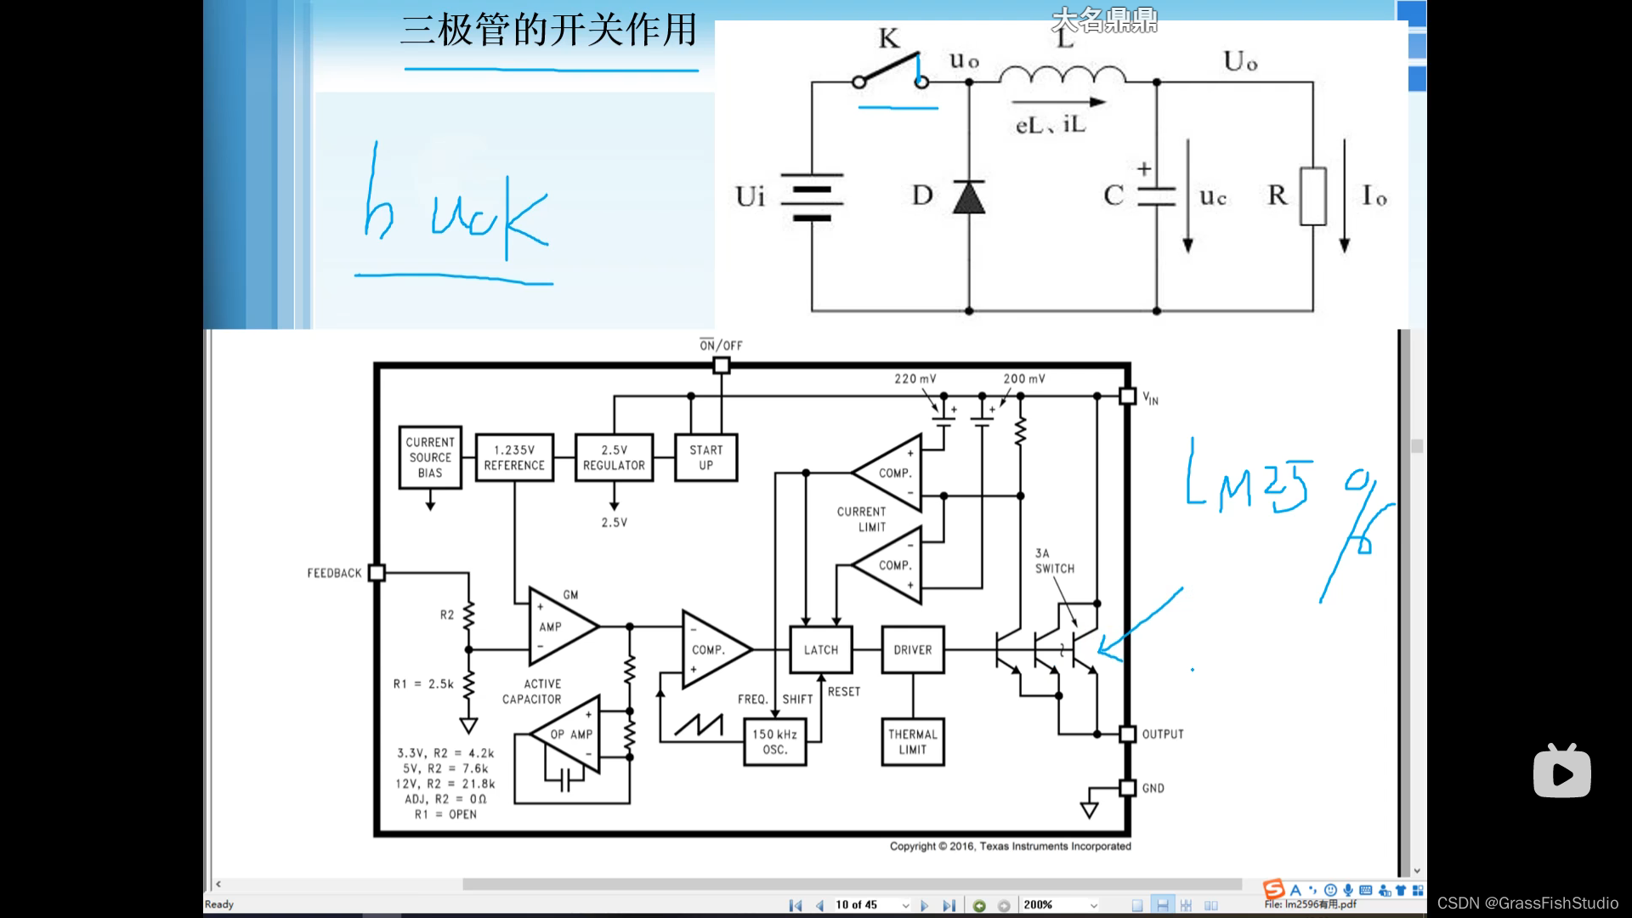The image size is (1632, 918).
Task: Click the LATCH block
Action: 820,650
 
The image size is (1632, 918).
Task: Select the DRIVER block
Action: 912,650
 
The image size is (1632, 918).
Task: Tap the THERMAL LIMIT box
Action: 912,742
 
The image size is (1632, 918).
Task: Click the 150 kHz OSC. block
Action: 774,742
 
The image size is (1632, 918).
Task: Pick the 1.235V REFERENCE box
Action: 514,458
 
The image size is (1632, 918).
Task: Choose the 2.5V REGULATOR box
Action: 614,458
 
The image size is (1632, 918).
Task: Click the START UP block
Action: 705,458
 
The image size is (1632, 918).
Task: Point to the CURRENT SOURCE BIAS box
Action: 430,457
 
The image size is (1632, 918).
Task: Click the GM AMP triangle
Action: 558,626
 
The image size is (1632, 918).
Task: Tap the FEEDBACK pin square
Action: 377,573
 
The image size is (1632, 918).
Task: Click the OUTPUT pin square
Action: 1127,734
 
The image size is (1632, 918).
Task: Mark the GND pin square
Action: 1127,788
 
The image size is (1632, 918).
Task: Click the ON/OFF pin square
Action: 721,365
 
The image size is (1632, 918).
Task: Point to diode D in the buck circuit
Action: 969,197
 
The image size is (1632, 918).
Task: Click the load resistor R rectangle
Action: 1312,196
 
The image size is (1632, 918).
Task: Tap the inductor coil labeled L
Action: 1062,76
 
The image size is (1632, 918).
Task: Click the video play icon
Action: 1561,772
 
